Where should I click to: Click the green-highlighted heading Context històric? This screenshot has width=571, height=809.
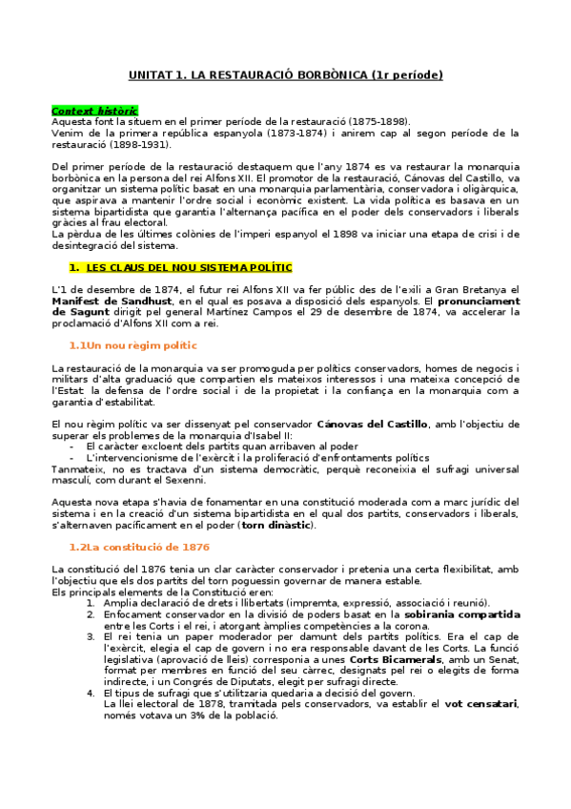(93, 111)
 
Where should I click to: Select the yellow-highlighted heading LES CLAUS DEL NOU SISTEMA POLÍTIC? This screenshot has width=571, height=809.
(189, 268)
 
